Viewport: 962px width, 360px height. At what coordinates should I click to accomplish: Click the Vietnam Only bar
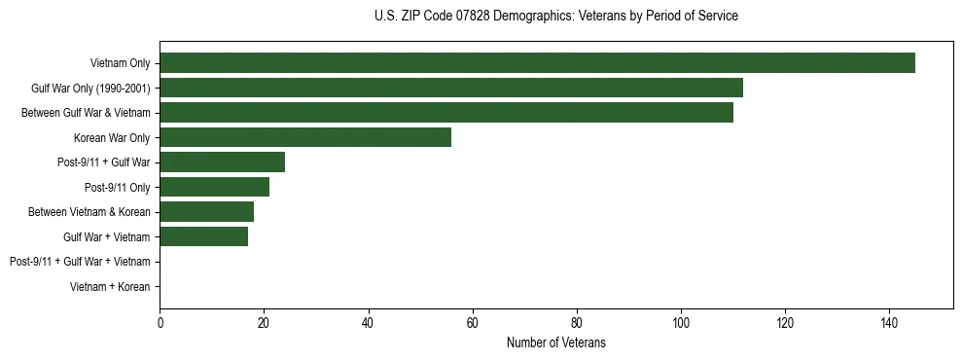537,63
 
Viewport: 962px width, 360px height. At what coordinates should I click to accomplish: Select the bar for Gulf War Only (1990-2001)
451,88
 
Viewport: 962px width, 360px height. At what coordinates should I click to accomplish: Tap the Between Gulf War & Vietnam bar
446,113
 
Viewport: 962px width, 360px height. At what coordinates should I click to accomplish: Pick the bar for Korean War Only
305,137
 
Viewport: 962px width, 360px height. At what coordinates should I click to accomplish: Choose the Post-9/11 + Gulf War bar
222,162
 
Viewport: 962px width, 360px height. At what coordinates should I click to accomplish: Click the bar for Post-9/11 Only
214,187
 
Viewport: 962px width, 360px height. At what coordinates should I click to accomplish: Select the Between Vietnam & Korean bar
206,212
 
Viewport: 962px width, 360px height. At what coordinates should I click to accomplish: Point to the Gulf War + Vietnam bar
203,236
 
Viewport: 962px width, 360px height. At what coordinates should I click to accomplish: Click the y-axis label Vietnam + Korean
110,287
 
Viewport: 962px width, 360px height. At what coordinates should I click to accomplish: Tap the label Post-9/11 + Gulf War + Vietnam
80,262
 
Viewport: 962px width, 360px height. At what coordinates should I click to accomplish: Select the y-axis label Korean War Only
112,138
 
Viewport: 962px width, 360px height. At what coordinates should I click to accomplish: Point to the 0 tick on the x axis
160,322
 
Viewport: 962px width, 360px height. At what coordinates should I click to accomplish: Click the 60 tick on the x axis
472,322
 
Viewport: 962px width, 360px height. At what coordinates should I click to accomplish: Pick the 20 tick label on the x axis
264,322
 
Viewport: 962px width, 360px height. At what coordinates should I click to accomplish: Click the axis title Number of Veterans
555,342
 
